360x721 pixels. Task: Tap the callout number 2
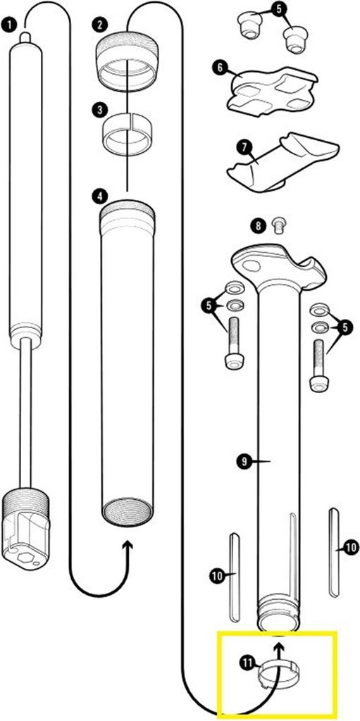99,24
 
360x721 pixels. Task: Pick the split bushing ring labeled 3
127,134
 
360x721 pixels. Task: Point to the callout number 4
99,196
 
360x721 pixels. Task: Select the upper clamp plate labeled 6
272,89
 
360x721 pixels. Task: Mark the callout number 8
259,225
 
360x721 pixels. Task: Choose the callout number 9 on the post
244,460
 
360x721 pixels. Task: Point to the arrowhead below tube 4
127,546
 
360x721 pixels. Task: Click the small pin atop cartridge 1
26,37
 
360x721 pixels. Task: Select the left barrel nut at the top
249,25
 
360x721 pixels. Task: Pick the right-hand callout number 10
351,546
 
